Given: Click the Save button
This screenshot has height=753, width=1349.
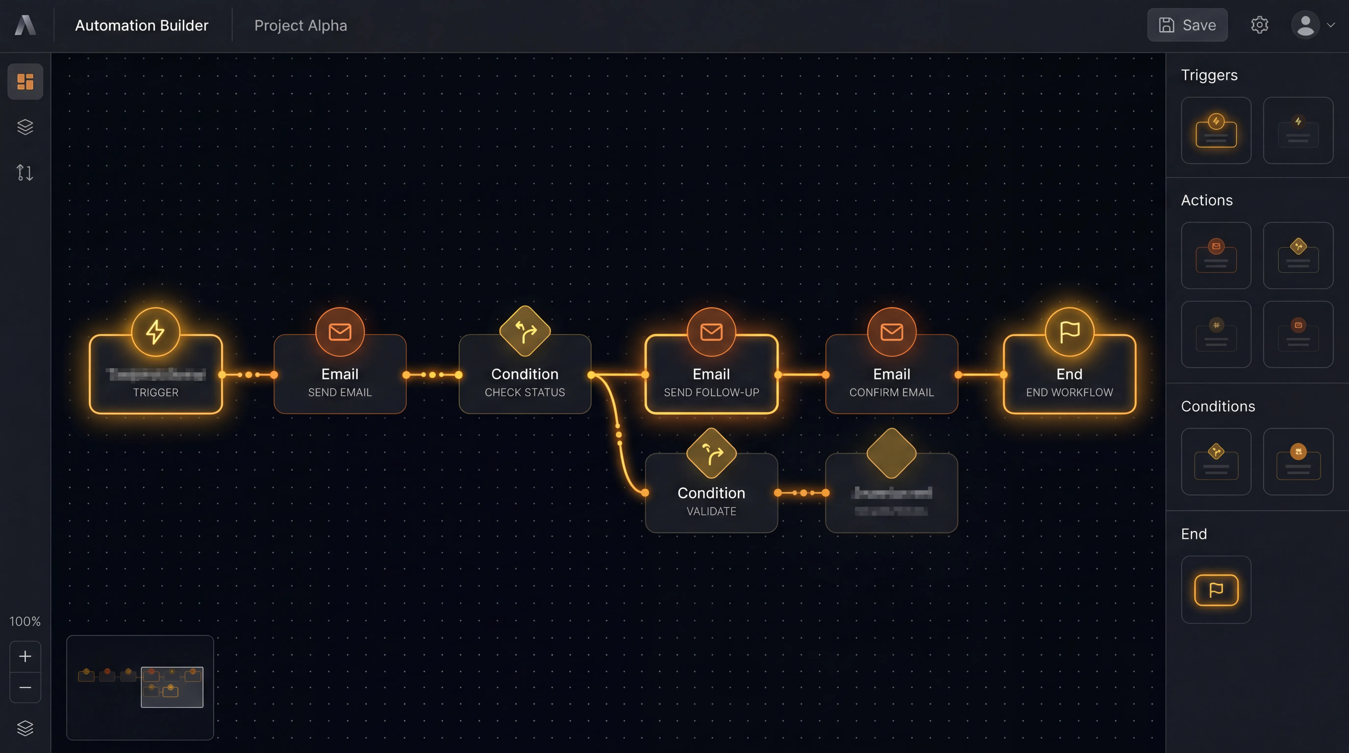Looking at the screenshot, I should pyautogui.click(x=1187, y=25).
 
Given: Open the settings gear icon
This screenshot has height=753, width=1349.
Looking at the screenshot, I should pyautogui.click(x=1260, y=25).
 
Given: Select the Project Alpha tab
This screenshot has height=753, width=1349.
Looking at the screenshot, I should pyautogui.click(x=300, y=26).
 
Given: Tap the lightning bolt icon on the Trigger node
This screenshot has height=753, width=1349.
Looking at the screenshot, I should pyautogui.click(x=156, y=332).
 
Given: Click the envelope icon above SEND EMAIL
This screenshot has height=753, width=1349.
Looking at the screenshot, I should pyautogui.click(x=340, y=332).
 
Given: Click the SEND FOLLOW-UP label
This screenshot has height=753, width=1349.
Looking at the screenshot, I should pyautogui.click(x=711, y=392).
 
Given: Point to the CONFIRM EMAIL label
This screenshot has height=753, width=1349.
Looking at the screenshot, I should pyautogui.click(x=891, y=392).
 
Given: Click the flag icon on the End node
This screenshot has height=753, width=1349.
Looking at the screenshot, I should pyautogui.click(x=1069, y=332).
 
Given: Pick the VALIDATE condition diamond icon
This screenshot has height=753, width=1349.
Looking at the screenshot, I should pyautogui.click(x=711, y=453).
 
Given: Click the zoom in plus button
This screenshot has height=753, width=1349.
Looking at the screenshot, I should pyautogui.click(x=25, y=656).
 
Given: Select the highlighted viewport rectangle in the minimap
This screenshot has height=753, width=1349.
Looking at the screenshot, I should pyautogui.click(x=172, y=687).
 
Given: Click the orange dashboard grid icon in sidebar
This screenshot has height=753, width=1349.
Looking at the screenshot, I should pyautogui.click(x=25, y=82).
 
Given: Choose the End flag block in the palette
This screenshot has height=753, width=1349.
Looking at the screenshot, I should pyautogui.click(x=1216, y=590).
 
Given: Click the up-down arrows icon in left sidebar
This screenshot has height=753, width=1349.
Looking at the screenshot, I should pyautogui.click(x=25, y=172).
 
